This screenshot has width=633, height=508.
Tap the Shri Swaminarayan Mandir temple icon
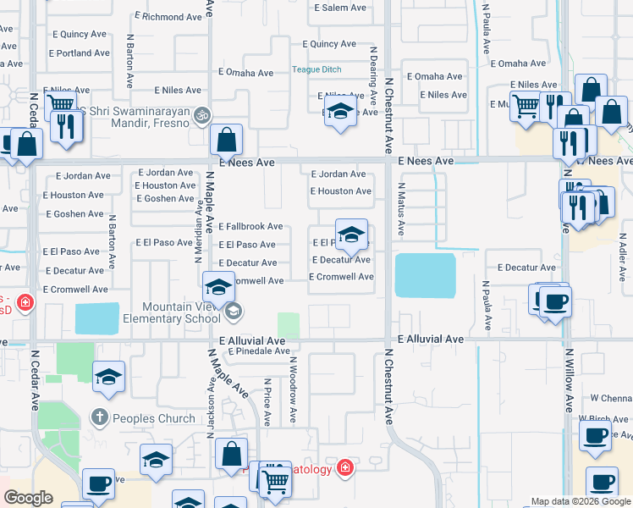(201, 114)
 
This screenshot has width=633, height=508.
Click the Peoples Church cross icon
(99, 417)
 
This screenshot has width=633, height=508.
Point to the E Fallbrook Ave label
(250, 227)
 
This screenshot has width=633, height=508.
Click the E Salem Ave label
(340, 8)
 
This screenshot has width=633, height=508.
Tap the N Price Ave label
(267, 402)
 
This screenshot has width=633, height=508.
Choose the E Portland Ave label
(80, 52)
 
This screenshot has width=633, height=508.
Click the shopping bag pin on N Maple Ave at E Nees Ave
(226, 141)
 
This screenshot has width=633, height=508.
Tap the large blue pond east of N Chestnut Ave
(425, 275)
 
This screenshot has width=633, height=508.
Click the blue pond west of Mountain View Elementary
(97, 318)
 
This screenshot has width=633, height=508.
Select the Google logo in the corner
(28, 499)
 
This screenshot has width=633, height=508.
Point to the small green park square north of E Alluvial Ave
(289, 324)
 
